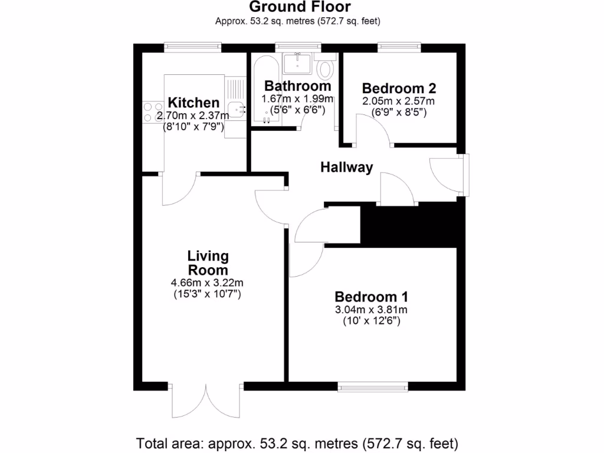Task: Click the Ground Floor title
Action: pos(300,7)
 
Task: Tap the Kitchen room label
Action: pos(193,103)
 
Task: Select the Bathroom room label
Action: pos(297,86)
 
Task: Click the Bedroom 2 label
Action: pos(399,88)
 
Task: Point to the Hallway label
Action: pos(346,168)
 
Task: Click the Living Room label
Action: pos(208,263)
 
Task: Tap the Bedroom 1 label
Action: pos(372,297)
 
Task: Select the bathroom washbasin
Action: pos(297,63)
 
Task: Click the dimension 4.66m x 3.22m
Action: pos(207,283)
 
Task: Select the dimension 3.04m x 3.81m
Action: pos(372,310)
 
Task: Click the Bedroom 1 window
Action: pos(372,387)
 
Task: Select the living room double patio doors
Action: pos(206,401)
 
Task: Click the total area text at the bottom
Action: pos(297,443)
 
